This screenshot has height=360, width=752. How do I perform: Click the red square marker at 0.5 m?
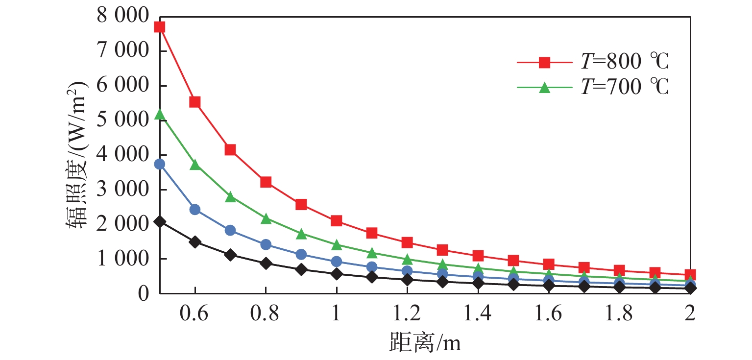click(159, 27)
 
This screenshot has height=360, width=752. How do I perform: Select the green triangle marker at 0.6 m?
click(195, 165)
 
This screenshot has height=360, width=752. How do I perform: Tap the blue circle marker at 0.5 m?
click(159, 164)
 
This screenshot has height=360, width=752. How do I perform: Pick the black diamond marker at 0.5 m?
click(159, 221)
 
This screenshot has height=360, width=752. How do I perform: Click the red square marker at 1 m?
click(336, 220)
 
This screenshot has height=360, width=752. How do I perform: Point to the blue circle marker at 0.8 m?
click(266, 244)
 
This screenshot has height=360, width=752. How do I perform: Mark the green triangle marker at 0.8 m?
click(266, 218)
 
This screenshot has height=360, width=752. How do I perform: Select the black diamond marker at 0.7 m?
click(230, 255)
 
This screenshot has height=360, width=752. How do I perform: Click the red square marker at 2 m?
click(690, 275)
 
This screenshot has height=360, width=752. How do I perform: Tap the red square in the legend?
click(544, 62)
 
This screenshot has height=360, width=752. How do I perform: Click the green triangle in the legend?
click(544, 88)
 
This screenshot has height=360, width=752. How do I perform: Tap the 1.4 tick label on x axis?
click(478, 314)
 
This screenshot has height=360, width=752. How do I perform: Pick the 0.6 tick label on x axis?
click(194, 314)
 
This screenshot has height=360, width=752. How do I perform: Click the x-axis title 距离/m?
click(425, 343)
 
